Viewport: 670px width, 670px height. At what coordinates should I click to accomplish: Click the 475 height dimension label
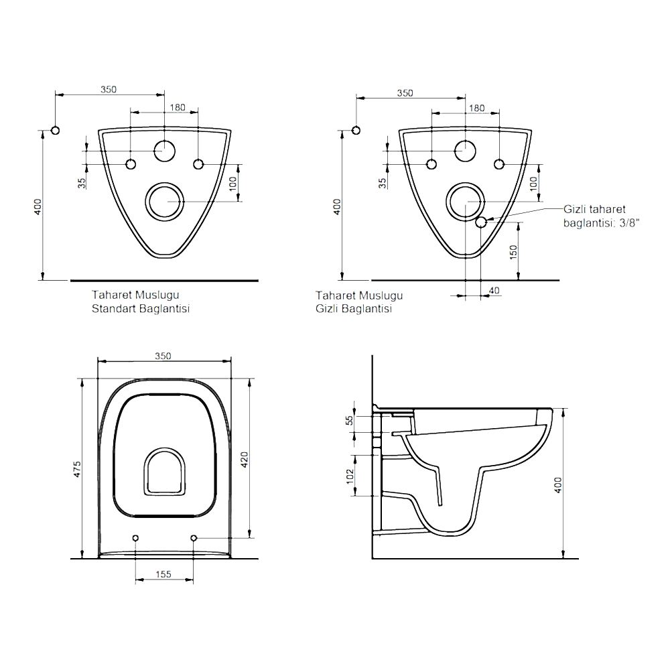[78, 469]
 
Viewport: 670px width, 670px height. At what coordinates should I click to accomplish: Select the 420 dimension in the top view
[245, 460]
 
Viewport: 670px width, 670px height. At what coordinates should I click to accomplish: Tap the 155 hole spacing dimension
[163, 574]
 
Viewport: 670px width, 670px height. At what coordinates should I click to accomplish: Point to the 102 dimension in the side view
[350, 476]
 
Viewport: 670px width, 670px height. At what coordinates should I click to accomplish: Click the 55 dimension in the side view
[350, 421]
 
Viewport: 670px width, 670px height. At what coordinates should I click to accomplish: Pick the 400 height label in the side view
[558, 485]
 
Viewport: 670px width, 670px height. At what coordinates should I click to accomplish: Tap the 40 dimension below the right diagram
[494, 291]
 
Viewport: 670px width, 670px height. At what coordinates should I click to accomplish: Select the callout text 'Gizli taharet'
[594, 209]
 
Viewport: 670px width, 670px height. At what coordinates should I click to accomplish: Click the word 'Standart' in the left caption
[112, 308]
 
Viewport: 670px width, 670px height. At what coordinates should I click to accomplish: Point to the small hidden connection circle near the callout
[481, 222]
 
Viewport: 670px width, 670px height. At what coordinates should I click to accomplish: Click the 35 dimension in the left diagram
[82, 183]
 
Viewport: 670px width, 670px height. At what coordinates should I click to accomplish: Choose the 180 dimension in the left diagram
[178, 107]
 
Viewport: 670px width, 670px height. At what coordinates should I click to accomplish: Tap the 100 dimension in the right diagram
[534, 184]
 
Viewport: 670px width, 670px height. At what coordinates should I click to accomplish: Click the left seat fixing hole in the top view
[136, 537]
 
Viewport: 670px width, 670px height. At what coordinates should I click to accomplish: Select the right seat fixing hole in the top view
[194, 537]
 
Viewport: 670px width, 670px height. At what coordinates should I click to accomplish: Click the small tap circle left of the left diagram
[55, 131]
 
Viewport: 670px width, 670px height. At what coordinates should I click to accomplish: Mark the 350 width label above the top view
[163, 356]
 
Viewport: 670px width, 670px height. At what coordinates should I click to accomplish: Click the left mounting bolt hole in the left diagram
[131, 164]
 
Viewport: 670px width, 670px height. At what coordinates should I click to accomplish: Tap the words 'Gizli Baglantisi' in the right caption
[354, 308]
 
